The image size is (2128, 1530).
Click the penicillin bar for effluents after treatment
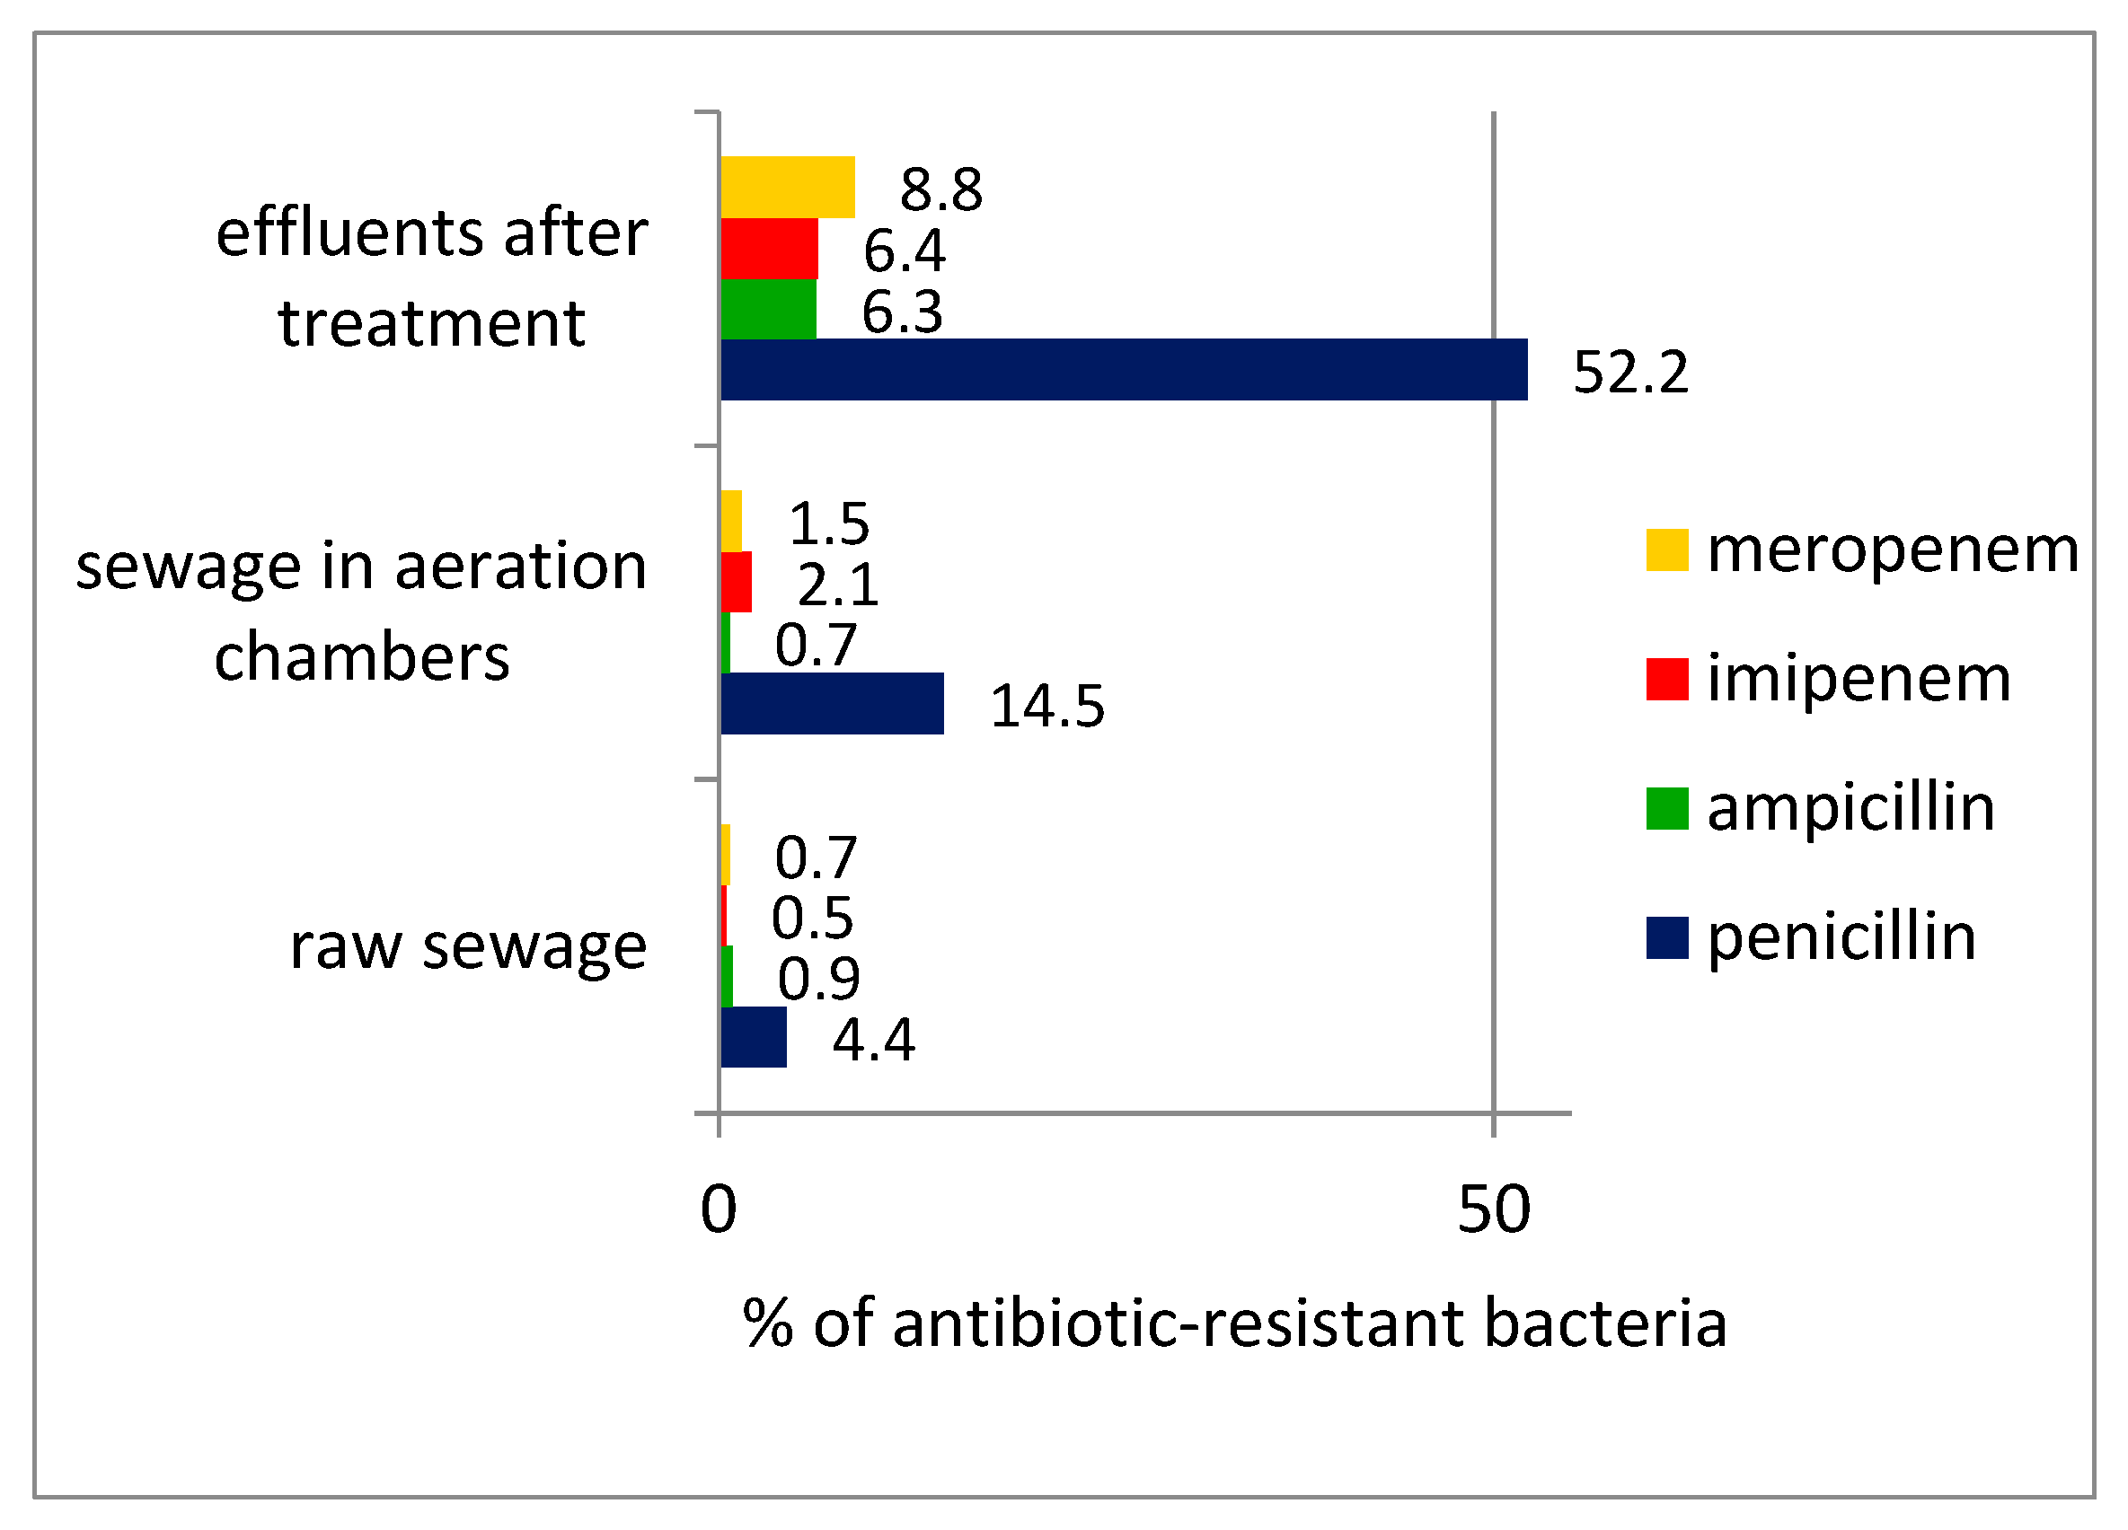(x=1123, y=370)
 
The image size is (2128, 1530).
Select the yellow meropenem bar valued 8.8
(x=787, y=188)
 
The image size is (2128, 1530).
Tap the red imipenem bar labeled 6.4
(x=768, y=249)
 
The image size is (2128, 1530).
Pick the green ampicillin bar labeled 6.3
(x=767, y=309)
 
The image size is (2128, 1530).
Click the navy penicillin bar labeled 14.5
(x=831, y=704)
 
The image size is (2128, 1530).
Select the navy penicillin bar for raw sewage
(x=754, y=1038)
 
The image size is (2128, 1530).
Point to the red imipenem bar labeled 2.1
(x=736, y=582)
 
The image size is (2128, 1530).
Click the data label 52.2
(x=1629, y=373)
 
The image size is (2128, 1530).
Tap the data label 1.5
(x=828, y=523)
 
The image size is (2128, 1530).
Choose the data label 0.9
(x=818, y=979)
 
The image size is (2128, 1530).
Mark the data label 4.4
(x=872, y=1040)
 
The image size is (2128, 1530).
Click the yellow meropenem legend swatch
(x=1666, y=550)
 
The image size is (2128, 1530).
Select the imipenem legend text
(x=1858, y=678)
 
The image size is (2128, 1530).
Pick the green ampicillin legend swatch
(x=1666, y=809)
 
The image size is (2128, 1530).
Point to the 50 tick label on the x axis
(x=1493, y=1209)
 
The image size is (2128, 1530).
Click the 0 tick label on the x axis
(x=718, y=1209)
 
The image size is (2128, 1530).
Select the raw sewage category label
(x=467, y=945)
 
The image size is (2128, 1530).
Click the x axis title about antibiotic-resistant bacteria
(x=1234, y=1323)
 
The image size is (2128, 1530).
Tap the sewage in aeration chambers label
(x=361, y=611)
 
